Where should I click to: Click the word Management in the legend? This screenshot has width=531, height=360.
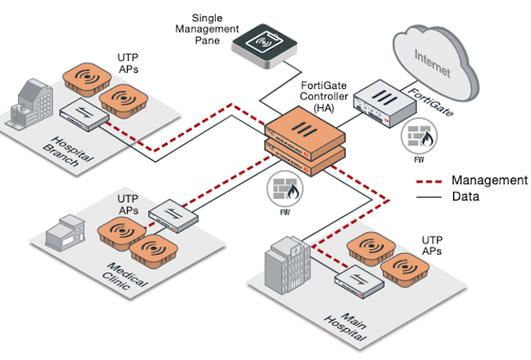pyautogui.click(x=489, y=180)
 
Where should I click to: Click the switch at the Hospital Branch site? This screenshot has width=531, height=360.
pyautogui.click(x=83, y=115)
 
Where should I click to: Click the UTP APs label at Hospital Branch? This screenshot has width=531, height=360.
pyautogui.click(x=128, y=62)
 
